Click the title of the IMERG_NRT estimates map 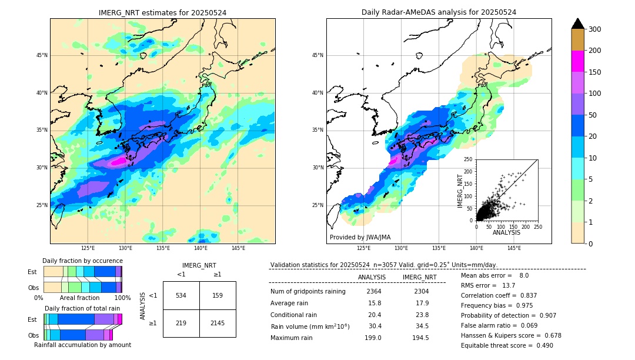pos(162,12)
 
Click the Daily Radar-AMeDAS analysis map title pos(439,12)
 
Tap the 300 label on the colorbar pos(596,29)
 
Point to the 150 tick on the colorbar pos(596,72)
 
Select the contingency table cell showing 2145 pos(218,323)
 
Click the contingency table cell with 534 pos(181,295)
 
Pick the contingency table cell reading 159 pos(218,295)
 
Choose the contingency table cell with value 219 pos(181,323)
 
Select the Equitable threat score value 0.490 pos(542,345)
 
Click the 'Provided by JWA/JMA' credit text pos(360,238)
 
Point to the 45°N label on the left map pos(42,55)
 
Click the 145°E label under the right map pos(514,248)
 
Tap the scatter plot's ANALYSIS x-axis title pos(506,233)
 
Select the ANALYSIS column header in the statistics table pos(372,277)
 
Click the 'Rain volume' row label pos(310,326)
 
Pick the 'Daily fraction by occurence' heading pos(82,261)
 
